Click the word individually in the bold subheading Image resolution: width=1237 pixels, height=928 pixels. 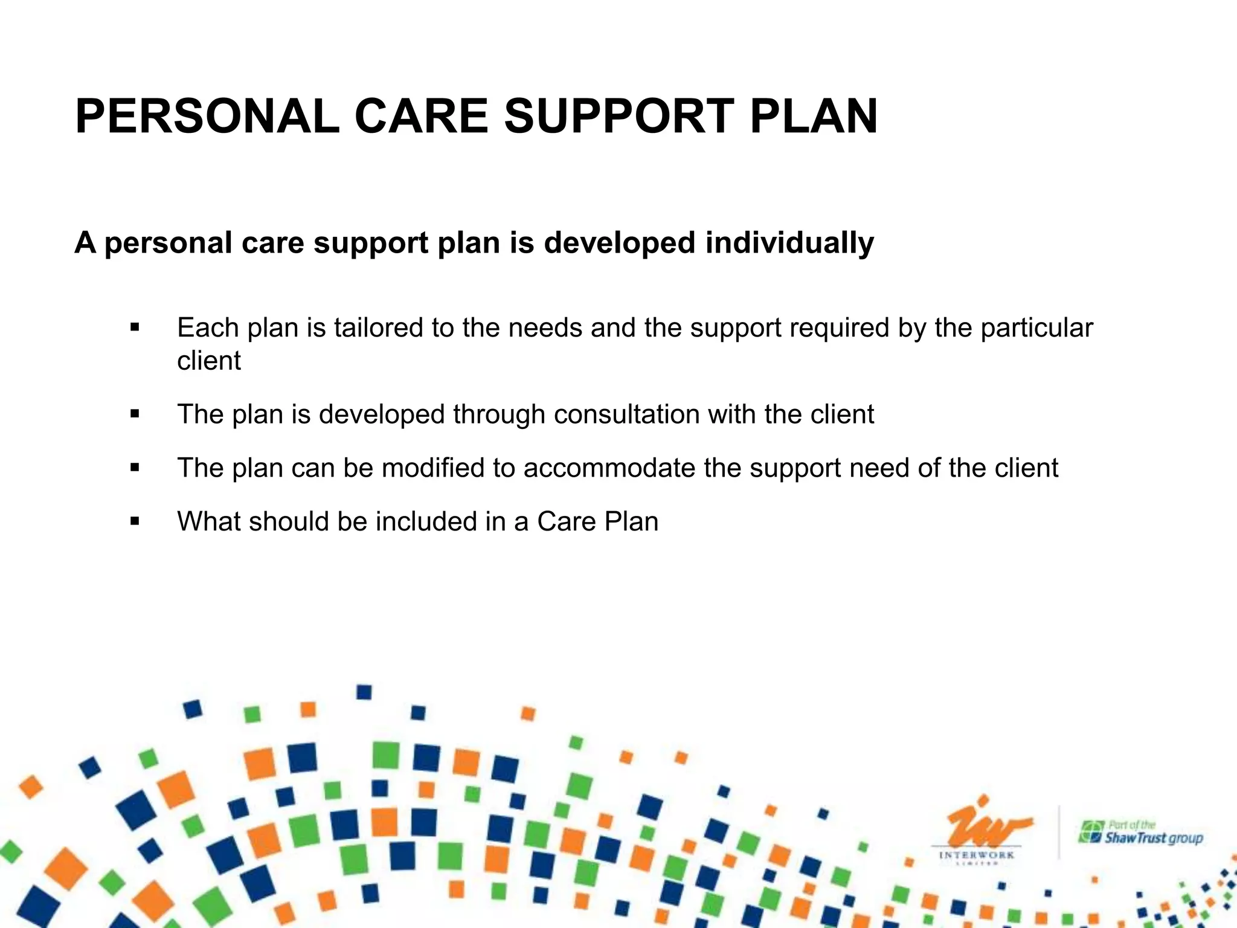[x=789, y=243]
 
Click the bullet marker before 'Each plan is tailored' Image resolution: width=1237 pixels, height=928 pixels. [x=135, y=328]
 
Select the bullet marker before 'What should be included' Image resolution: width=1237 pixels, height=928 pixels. [x=135, y=521]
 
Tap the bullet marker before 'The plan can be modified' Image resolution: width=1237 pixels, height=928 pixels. [x=135, y=468]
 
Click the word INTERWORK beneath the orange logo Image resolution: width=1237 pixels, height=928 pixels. [x=977, y=855]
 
